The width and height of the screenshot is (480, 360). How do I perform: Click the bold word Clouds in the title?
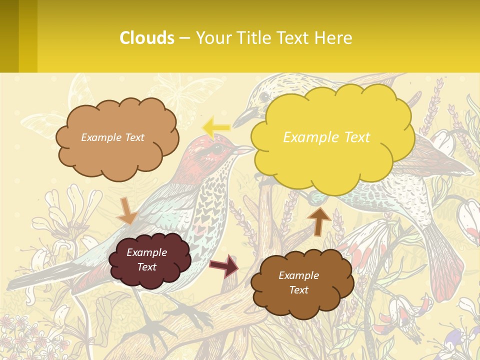point(147,38)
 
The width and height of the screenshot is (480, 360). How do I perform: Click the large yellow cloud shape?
point(332,137)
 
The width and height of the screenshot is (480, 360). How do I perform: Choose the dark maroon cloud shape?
point(149,259)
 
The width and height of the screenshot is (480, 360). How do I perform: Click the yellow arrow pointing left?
point(216,127)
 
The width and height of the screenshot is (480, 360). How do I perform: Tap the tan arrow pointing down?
point(127,210)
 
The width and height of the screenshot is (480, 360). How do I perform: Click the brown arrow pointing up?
point(319,220)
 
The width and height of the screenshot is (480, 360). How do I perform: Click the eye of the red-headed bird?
point(217,149)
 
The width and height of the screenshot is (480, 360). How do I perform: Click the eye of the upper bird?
point(264,96)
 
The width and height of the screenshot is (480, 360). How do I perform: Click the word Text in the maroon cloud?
point(147,267)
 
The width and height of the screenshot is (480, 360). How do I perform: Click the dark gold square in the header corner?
point(19,36)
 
